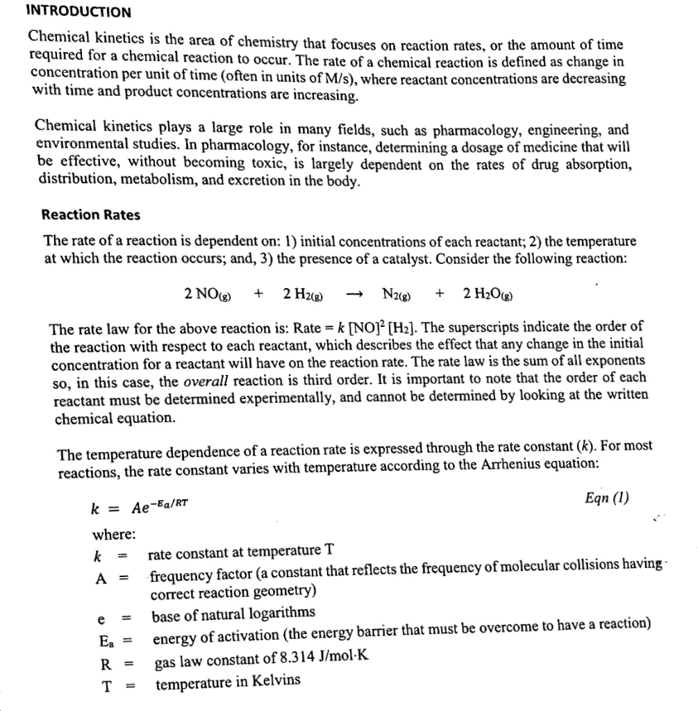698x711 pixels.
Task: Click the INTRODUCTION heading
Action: click(78, 12)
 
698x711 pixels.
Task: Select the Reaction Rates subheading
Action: click(90, 215)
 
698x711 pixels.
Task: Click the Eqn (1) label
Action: click(608, 498)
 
